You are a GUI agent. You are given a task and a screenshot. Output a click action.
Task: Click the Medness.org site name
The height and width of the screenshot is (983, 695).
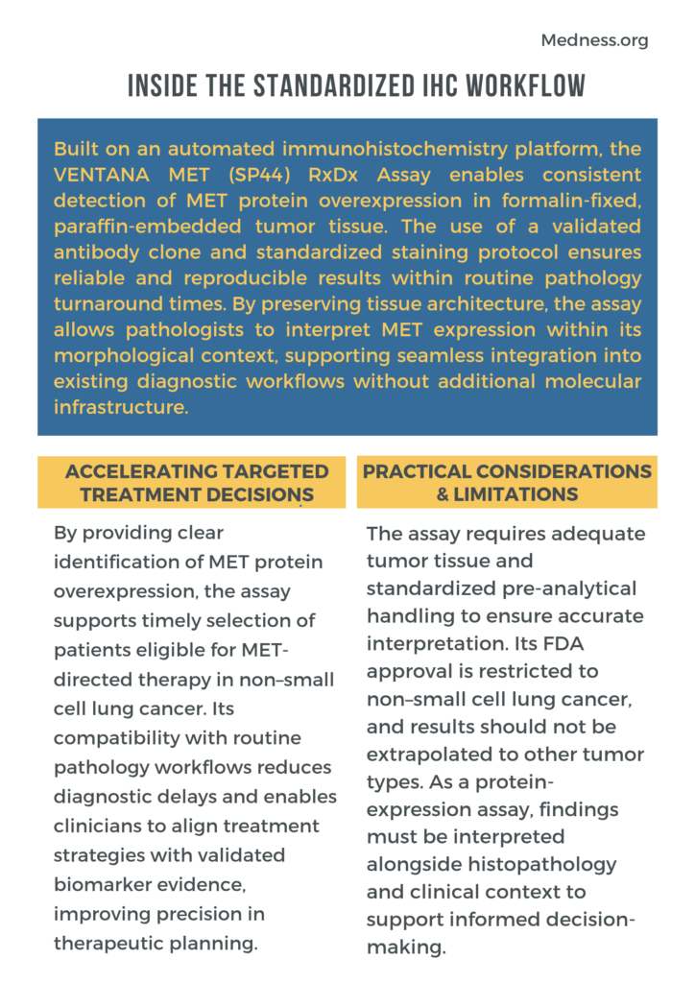[594, 40]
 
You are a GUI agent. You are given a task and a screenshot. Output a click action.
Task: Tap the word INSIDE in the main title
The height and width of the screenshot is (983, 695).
[165, 85]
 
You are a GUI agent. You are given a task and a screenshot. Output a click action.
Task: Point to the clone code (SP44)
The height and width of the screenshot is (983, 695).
[253, 176]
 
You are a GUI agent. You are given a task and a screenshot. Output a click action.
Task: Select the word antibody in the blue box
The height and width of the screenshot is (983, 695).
[97, 252]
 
